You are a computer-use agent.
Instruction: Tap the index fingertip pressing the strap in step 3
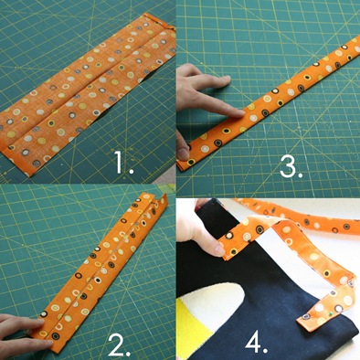pyautogui.click(x=239, y=113)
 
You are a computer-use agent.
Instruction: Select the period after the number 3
pyautogui.click(x=300, y=175)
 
